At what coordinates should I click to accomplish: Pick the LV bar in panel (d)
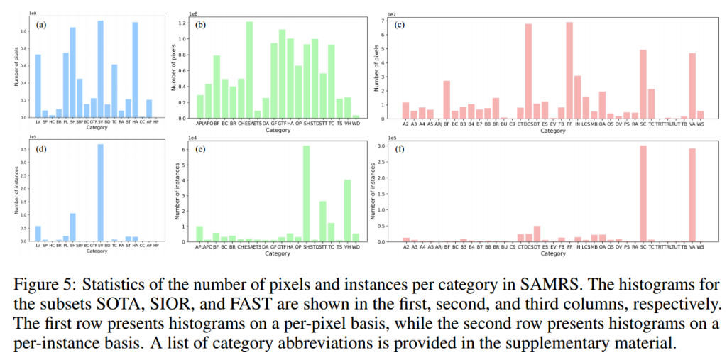[38, 234]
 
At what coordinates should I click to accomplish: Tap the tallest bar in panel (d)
[100, 192]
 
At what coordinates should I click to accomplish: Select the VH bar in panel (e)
[347, 210]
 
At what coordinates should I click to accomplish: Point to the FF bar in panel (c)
[569, 70]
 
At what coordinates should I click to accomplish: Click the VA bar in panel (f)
[692, 195]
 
